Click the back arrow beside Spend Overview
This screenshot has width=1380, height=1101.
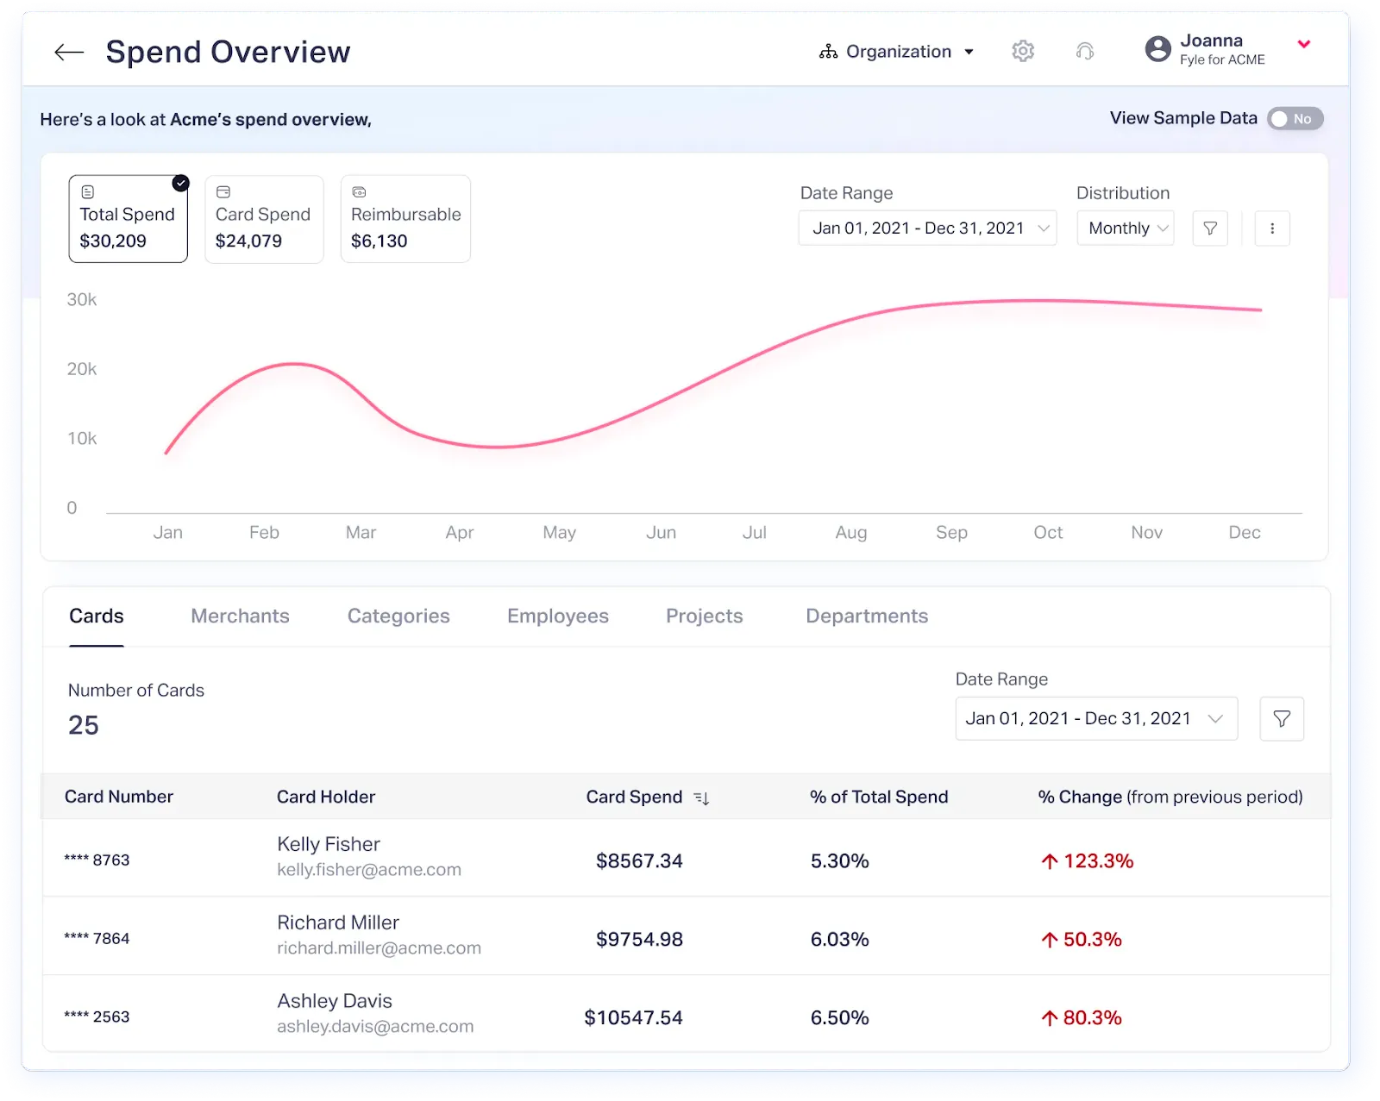point(69,53)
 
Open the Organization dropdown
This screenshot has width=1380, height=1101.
point(897,52)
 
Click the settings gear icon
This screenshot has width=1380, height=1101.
point(1023,51)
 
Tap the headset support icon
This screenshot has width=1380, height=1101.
point(1085,52)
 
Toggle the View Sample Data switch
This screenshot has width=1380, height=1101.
point(1295,119)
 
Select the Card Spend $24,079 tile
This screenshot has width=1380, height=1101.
point(264,219)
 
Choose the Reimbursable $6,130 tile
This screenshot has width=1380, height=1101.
point(405,219)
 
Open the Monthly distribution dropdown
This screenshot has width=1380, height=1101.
point(1126,228)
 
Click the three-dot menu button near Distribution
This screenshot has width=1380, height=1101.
point(1272,228)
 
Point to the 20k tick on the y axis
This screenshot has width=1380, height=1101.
point(82,369)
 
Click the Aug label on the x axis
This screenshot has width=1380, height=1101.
point(850,533)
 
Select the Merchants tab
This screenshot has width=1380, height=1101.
point(240,616)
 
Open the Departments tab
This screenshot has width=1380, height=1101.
point(867,616)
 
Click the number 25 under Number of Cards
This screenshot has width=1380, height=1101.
point(84,725)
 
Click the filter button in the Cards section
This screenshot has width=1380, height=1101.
point(1282,719)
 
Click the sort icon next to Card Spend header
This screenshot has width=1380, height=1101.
point(701,798)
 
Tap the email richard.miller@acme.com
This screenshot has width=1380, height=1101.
point(379,948)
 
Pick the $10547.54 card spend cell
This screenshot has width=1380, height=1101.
point(633,1018)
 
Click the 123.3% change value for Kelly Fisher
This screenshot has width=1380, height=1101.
point(1097,861)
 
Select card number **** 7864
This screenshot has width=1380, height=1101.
point(97,939)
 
